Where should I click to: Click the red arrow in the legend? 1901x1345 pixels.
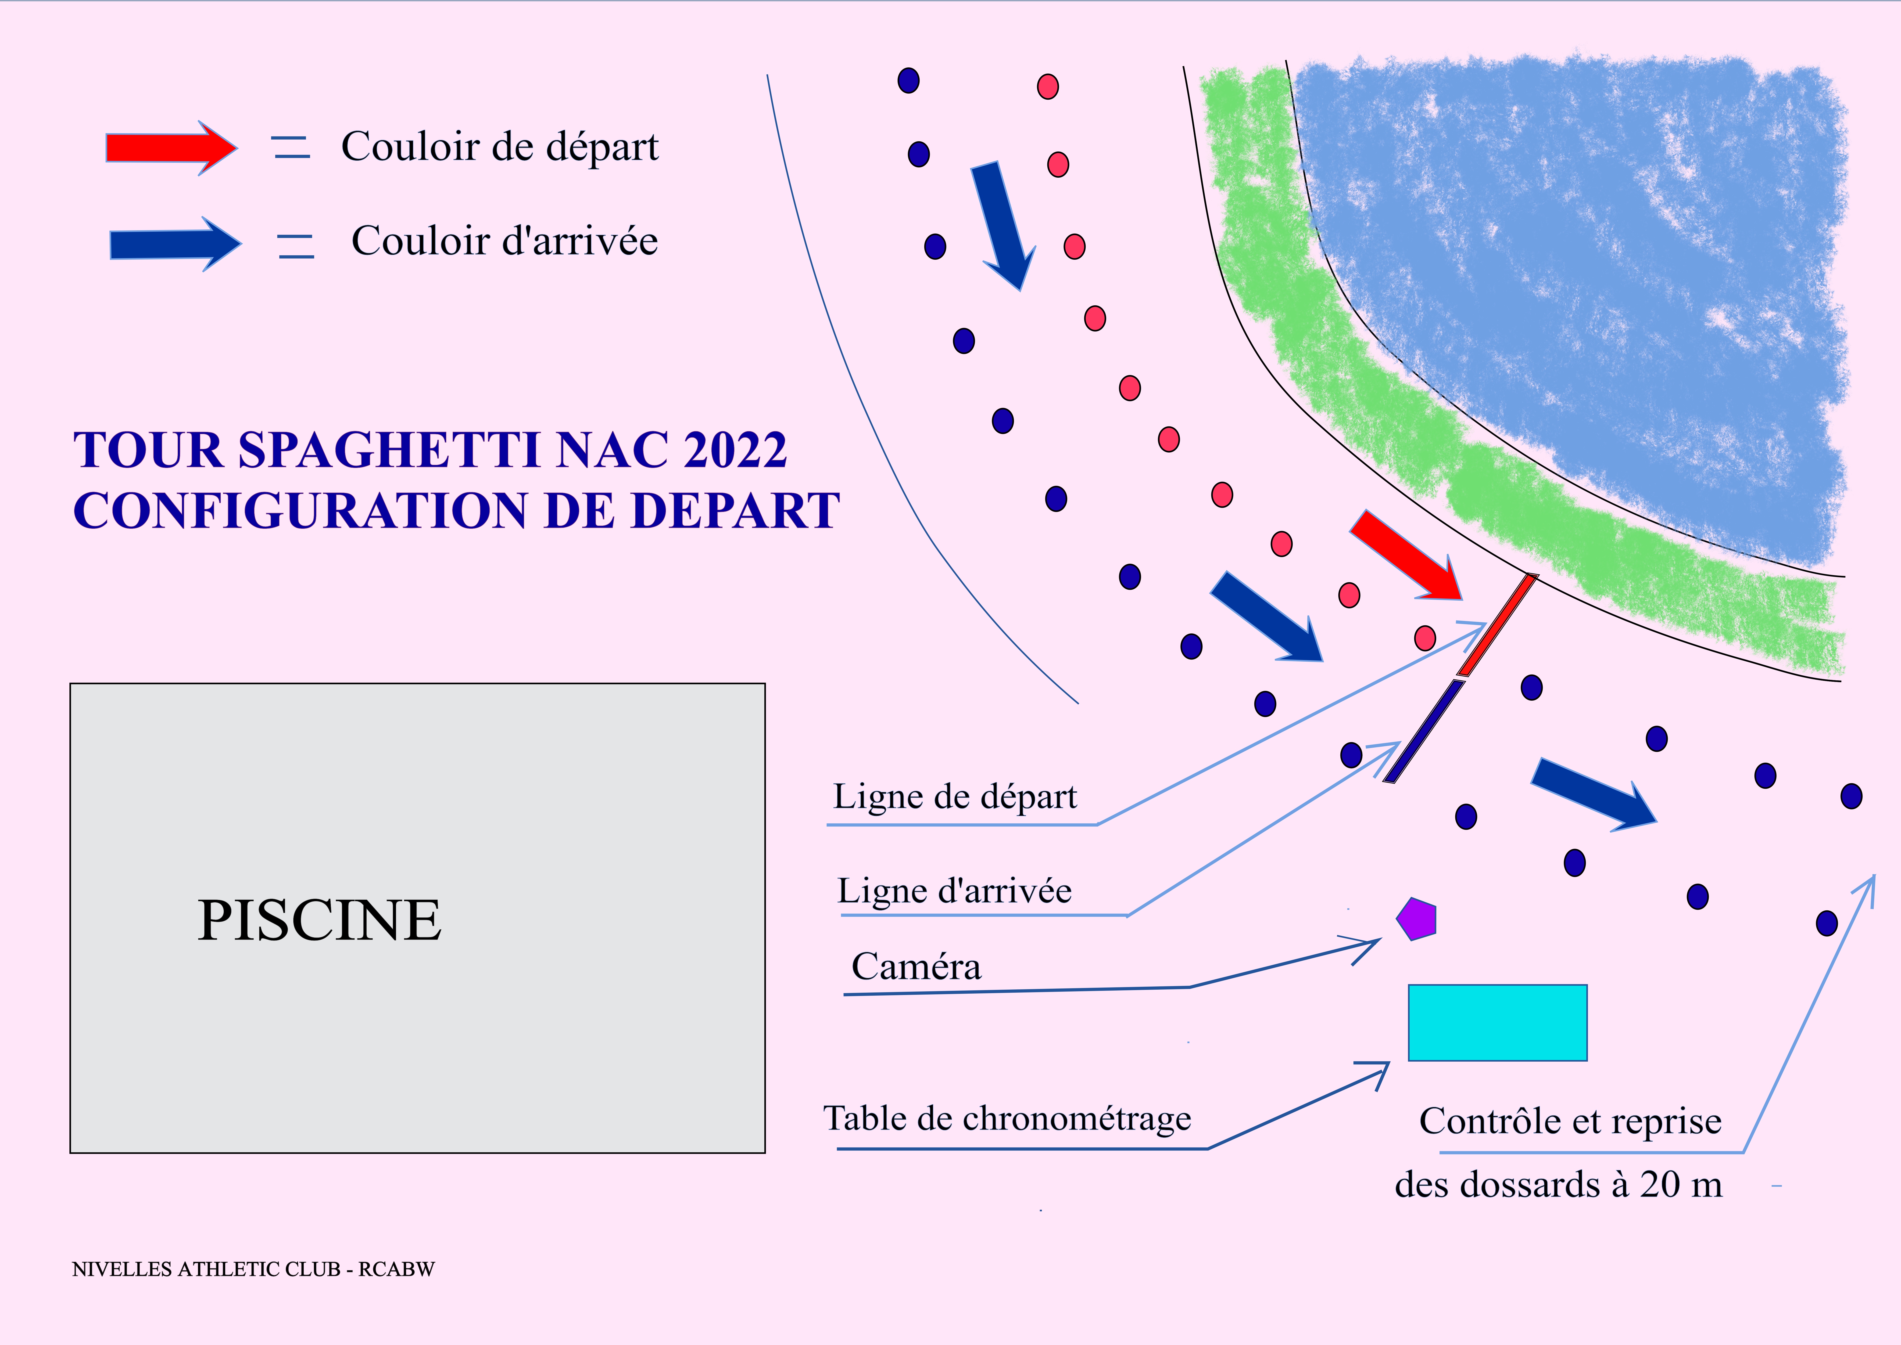point(170,148)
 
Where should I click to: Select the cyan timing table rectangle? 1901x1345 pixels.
point(1497,1022)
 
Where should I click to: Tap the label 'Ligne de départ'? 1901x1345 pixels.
point(955,797)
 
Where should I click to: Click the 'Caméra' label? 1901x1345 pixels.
point(916,966)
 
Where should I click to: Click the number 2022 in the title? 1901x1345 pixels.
point(734,451)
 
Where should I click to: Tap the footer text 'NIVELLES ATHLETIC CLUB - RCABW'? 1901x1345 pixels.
point(253,1269)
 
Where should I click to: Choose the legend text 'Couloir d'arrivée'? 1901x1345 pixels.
point(504,241)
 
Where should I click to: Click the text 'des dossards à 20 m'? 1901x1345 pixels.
point(1558,1184)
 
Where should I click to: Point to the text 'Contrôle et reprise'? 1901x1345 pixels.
point(1570,1121)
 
